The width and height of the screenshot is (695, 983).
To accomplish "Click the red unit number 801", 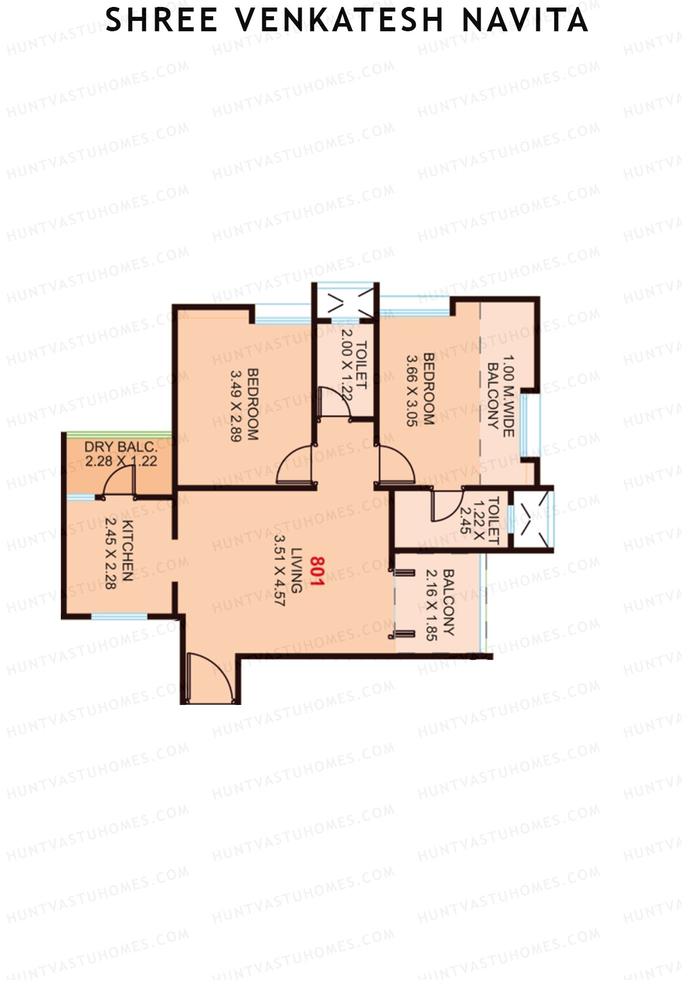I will pos(317,571).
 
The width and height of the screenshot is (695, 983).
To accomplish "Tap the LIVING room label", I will pos(297,571).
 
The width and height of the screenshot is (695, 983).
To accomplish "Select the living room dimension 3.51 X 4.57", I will pos(280,571).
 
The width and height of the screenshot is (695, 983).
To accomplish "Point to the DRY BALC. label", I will pos(120,447).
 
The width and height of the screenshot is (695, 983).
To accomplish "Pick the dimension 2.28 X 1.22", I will pos(120,462).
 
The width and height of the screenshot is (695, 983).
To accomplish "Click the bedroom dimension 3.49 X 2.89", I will pos(236,405).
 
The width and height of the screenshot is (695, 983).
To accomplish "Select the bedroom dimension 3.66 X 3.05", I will pos(411,390).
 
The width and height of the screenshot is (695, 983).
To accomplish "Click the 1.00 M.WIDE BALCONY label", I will pos(500,392).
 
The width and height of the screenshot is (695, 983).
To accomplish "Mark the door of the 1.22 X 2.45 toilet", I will pos(447,505).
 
